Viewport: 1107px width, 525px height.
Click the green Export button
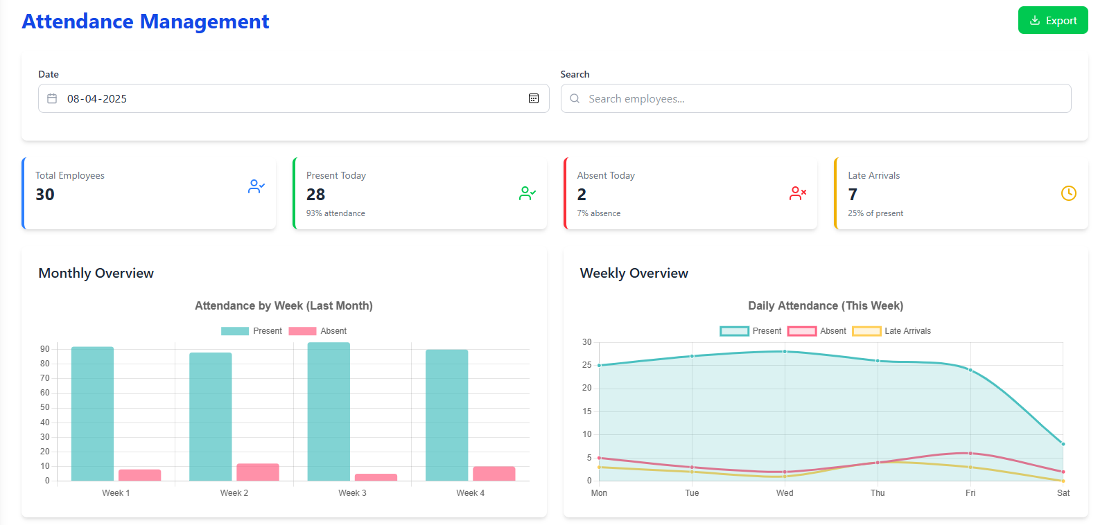[x=1052, y=21]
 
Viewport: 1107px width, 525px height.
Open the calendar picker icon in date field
[x=533, y=98]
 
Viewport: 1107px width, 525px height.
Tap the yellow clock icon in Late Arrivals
[x=1068, y=193]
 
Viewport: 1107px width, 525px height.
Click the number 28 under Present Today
[x=315, y=195]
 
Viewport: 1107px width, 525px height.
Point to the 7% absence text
[x=598, y=213]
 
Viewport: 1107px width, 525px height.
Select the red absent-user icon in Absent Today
[x=797, y=193]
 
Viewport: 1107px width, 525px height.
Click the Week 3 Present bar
[x=329, y=412]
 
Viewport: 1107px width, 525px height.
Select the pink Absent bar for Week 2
[x=257, y=472]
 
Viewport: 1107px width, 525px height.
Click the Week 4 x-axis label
[x=470, y=493]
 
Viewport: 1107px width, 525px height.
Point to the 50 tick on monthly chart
[x=45, y=407]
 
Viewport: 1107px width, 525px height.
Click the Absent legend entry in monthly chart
[x=318, y=331]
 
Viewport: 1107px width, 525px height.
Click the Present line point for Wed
[x=785, y=351]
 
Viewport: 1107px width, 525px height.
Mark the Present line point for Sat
[x=1063, y=444]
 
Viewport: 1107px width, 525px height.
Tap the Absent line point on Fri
[x=970, y=453]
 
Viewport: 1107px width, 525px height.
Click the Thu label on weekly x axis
[x=877, y=493]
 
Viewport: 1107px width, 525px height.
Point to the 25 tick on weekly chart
[x=586, y=365]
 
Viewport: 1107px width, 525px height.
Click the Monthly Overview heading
[x=96, y=273]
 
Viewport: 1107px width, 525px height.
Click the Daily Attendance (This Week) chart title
[x=825, y=305]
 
